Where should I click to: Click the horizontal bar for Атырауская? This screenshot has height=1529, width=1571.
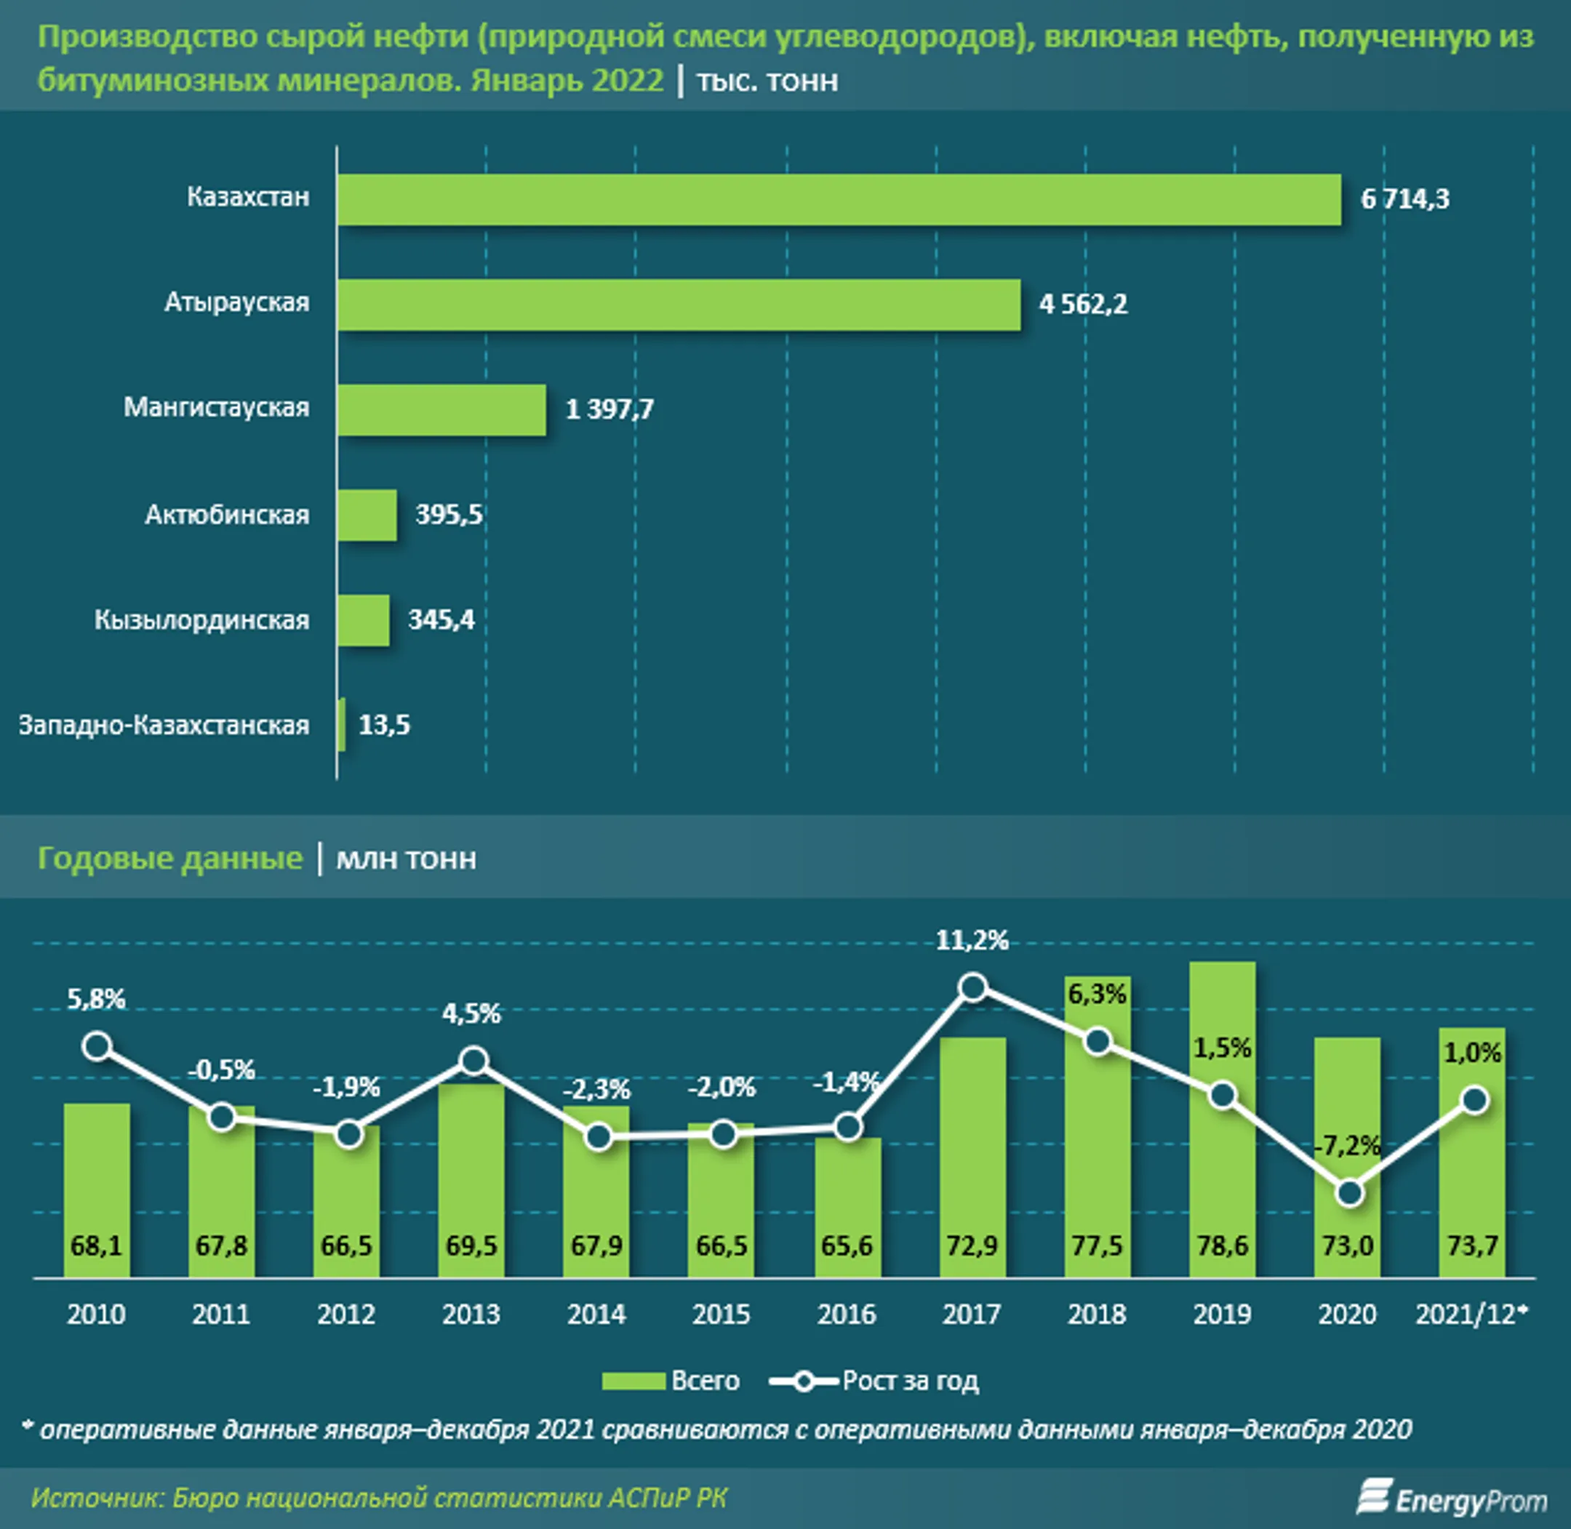point(679,305)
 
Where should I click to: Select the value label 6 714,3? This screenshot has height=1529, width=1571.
point(1404,198)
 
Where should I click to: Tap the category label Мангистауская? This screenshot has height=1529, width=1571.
point(216,407)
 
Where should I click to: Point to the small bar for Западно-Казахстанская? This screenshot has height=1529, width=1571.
point(342,724)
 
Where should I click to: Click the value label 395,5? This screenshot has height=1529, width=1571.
point(449,514)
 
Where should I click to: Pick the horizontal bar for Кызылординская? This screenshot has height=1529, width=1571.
point(363,620)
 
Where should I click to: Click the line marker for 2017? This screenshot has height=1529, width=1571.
point(972,988)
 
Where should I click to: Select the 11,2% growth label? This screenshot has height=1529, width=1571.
point(972,939)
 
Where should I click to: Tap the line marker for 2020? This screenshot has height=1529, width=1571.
point(1349,1192)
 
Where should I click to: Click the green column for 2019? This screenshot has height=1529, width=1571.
point(1223,1165)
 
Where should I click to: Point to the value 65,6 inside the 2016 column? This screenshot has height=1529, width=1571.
point(847,1245)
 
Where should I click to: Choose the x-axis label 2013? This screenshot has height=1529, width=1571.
point(471,1315)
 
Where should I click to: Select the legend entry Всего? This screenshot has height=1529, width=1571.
point(671,1381)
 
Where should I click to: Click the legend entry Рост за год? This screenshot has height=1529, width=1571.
point(875,1381)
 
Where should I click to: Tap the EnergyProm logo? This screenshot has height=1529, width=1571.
point(1452,1498)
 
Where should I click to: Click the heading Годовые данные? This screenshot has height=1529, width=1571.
point(170,859)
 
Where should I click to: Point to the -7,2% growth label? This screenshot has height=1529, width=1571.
point(1347,1146)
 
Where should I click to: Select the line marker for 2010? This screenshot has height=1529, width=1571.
point(97,1046)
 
